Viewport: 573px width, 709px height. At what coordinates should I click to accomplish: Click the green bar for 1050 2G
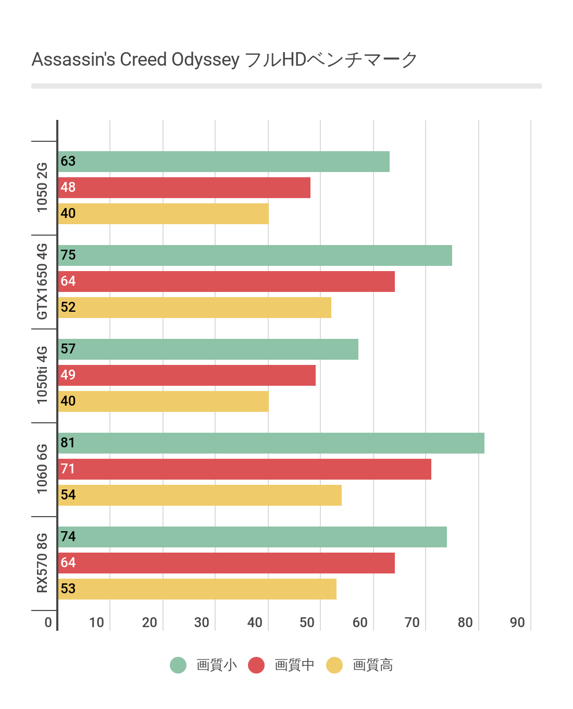[224, 162]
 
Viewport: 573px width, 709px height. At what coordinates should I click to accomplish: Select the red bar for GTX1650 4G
[227, 282]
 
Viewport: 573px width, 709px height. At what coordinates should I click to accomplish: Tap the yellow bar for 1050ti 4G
[164, 401]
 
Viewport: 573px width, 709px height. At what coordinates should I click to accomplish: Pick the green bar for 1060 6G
[271, 443]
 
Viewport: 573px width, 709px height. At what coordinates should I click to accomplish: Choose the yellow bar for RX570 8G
[197, 589]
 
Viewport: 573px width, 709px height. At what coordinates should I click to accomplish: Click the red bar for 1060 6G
[245, 469]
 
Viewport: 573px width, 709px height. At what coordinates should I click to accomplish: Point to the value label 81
[68, 443]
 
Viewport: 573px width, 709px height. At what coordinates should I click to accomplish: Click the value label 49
[68, 375]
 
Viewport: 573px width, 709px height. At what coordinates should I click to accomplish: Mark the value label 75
[68, 255]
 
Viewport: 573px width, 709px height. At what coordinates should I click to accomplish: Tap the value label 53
[68, 589]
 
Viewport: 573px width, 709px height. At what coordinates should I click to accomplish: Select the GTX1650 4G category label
[42, 282]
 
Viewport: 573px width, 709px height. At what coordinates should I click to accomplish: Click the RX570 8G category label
[42, 563]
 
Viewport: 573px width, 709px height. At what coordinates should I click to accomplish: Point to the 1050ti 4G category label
[42, 375]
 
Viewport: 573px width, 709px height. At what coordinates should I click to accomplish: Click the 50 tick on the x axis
[307, 622]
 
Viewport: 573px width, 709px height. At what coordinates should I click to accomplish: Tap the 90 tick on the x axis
[517, 622]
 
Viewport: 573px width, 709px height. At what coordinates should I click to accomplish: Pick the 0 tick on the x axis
[48, 622]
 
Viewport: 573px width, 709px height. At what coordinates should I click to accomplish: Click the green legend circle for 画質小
[178, 665]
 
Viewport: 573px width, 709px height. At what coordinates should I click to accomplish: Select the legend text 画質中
[294, 665]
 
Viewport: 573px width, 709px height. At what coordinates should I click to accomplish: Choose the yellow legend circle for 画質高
[334, 665]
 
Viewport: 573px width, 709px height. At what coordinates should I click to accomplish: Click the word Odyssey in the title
[206, 60]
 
